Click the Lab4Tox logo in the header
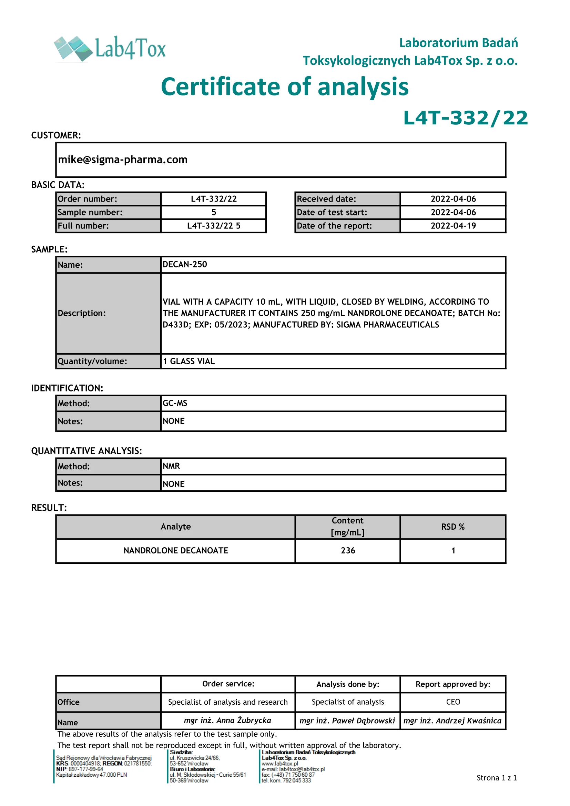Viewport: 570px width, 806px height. click(x=110, y=49)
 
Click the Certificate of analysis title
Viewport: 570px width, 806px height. click(x=285, y=87)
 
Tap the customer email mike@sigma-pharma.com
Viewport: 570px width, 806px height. click(x=123, y=160)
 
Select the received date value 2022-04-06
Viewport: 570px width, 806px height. click(x=453, y=199)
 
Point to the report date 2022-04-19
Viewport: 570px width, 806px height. click(x=453, y=226)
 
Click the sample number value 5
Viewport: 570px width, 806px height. click(x=214, y=212)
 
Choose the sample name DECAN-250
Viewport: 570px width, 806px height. click(x=185, y=264)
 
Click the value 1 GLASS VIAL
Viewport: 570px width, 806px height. click(x=189, y=361)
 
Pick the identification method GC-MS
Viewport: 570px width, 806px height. click(x=175, y=404)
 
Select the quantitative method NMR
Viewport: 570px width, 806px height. click(x=171, y=466)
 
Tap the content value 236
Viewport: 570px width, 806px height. click(x=348, y=550)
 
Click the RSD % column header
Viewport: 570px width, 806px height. click(x=453, y=527)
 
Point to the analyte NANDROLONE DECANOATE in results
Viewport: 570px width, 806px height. click(x=176, y=550)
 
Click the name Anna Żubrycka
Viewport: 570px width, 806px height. click(x=227, y=720)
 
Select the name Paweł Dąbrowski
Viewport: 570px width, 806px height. click(x=347, y=721)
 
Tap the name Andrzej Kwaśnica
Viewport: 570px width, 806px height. click(x=452, y=721)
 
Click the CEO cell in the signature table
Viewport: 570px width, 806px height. click(x=453, y=702)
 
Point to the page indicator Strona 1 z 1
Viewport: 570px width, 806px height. click(x=497, y=777)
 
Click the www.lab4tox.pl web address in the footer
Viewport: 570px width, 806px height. click(x=280, y=764)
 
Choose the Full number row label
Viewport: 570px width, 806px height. click(x=83, y=226)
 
